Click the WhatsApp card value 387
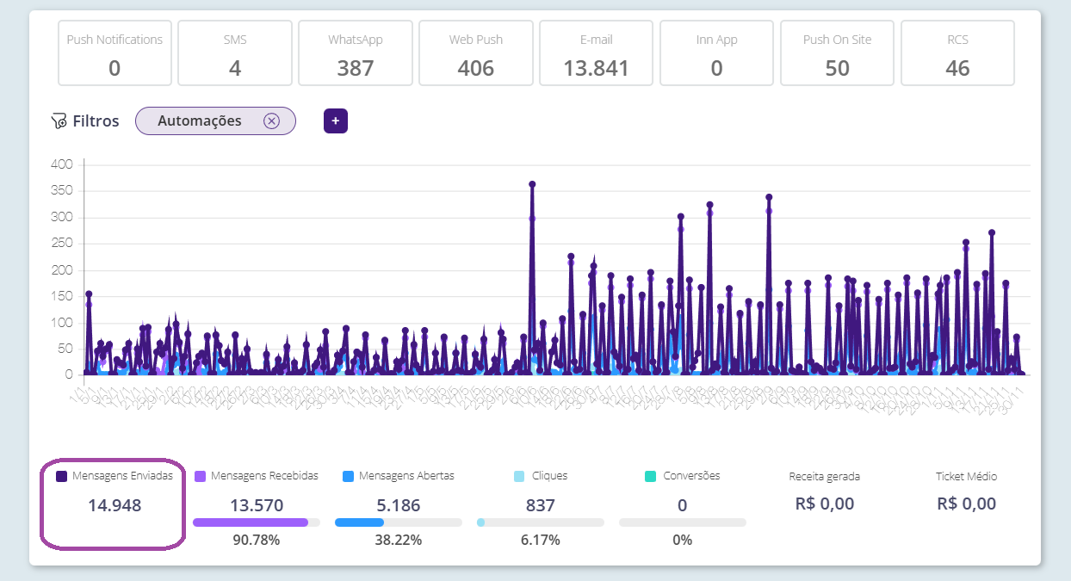(x=355, y=68)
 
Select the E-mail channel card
(x=596, y=53)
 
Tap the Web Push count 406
(x=475, y=68)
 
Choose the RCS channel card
(x=957, y=53)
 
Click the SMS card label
(x=234, y=40)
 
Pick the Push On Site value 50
(x=837, y=68)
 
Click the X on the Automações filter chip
(x=271, y=121)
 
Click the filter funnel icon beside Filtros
(x=59, y=121)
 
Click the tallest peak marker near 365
(x=532, y=184)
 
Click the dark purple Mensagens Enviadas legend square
(x=61, y=476)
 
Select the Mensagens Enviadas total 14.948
(x=115, y=505)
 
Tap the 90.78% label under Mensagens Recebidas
(x=256, y=541)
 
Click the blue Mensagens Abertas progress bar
(x=359, y=522)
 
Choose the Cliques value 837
(x=541, y=505)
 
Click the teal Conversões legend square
(x=651, y=476)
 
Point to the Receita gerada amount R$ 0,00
(x=825, y=504)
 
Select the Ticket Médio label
(x=966, y=476)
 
